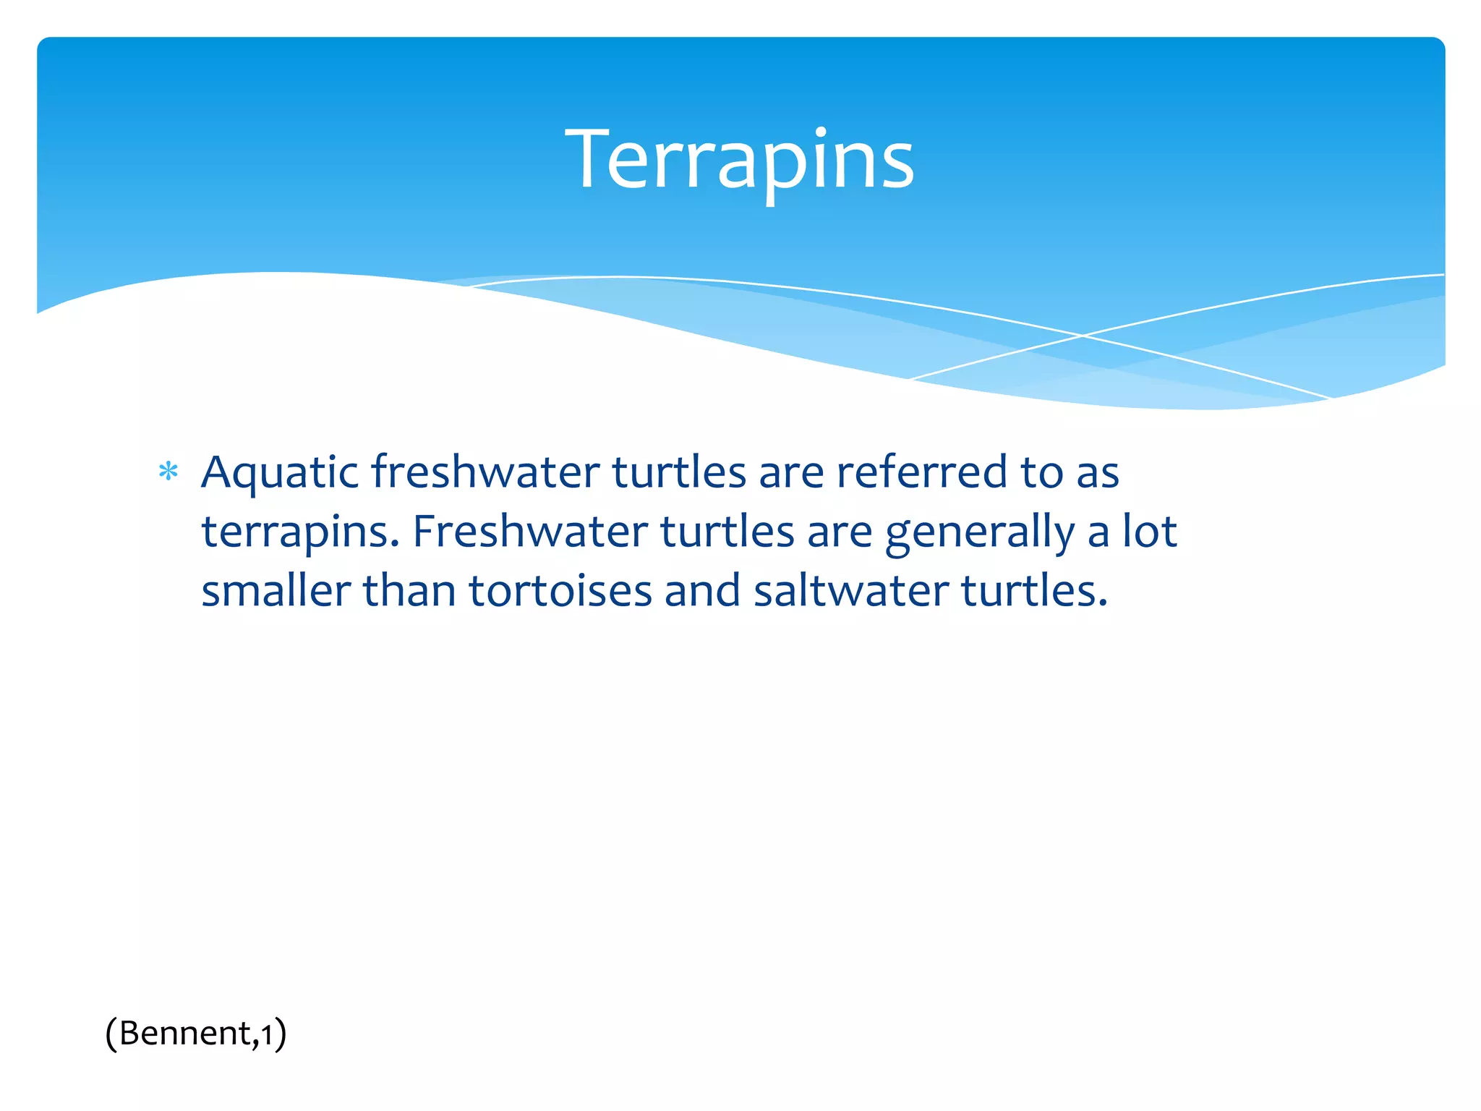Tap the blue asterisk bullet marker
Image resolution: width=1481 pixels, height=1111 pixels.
click(x=168, y=472)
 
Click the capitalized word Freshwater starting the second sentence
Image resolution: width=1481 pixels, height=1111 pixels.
click(x=530, y=532)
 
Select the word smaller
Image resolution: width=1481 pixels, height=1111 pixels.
click(x=276, y=591)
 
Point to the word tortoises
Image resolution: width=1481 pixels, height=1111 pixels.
click(x=560, y=591)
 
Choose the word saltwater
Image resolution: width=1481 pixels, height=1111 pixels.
click(x=850, y=591)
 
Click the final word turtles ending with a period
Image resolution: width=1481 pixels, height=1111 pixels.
click(x=1033, y=591)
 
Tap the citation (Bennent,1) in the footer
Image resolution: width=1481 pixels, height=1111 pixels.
click(x=195, y=1033)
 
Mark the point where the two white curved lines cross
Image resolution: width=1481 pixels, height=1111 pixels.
click(x=1082, y=336)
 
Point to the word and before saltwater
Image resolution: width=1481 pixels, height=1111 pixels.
click(x=702, y=591)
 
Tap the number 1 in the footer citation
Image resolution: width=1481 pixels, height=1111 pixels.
click(x=267, y=1034)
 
